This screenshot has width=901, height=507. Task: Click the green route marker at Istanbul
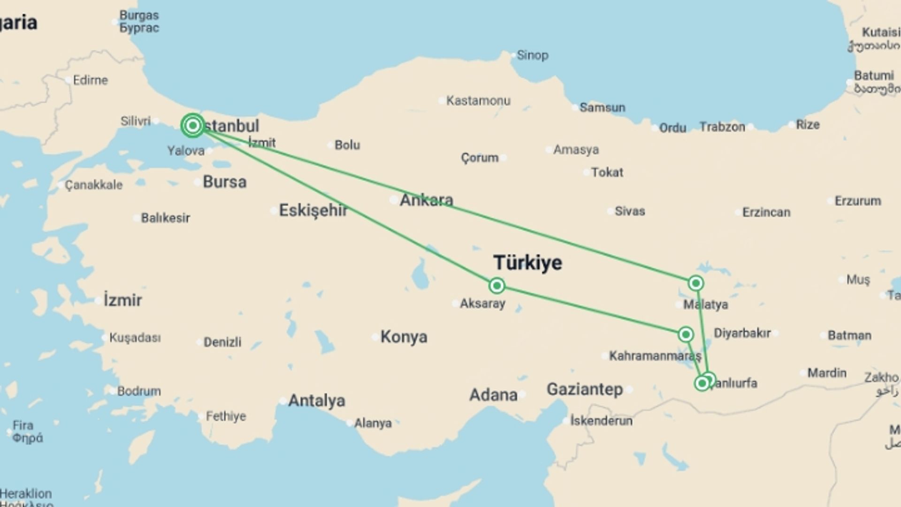[x=192, y=125]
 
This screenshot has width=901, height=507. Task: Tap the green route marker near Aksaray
[x=496, y=285]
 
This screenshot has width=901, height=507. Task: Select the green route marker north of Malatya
[x=695, y=283]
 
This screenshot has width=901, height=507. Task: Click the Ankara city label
[x=426, y=200]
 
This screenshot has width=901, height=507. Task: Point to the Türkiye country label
[x=527, y=262]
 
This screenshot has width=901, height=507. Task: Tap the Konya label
[x=404, y=337]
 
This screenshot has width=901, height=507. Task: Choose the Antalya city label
[x=316, y=400]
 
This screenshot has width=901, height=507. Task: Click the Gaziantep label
[x=585, y=389]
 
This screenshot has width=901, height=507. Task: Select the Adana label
[x=493, y=395]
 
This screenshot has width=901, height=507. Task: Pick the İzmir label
[x=122, y=300]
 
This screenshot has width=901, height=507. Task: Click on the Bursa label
[x=224, y=182]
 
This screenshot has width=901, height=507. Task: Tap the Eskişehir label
[x=313, y=210]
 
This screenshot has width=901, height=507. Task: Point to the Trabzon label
[x=722, y=127]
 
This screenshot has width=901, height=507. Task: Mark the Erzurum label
[x=857, y=201]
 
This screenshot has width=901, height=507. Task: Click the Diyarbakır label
[x=742, y=333]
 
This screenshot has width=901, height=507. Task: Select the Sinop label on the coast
[x=532, y=55]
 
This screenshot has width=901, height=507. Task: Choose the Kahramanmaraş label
[x=655, y=356]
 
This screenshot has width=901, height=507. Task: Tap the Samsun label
[x=602, y=108]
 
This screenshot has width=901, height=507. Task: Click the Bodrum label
[x=138, y=391]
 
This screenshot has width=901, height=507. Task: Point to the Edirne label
[x=90, y=80]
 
